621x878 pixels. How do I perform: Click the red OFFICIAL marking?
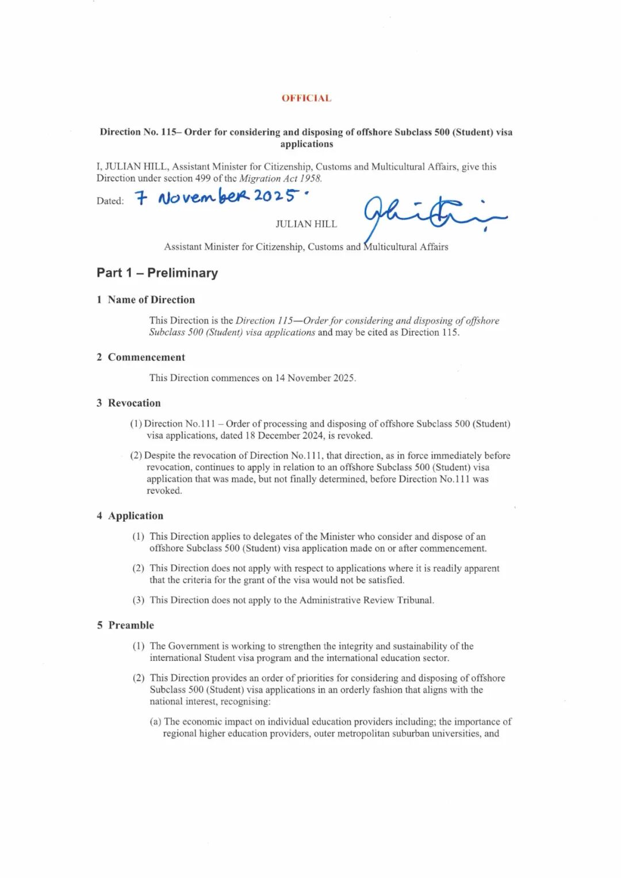tap(306, 98)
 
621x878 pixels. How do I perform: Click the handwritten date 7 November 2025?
tap(222, 197)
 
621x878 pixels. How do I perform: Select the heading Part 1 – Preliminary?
tap(157, 273)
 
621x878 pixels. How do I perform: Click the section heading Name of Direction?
tap(151, 300)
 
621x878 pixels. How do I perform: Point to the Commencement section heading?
tap(146, 357)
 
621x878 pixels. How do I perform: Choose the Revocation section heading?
tap(134, 403)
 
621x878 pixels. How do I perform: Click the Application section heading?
tap(136, 516)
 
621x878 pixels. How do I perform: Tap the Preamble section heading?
tap(131, 625)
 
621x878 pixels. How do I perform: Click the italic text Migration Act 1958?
tap(280, 178)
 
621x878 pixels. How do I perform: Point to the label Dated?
tap(110, 201)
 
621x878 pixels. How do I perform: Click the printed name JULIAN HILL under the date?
tap(306, 224)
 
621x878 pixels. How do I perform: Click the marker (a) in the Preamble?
tap(155, 722)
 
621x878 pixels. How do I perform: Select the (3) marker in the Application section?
tap(139, 600)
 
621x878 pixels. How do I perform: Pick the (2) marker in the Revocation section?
tap(136, 456)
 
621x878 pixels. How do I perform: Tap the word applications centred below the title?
tap(306, 144)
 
